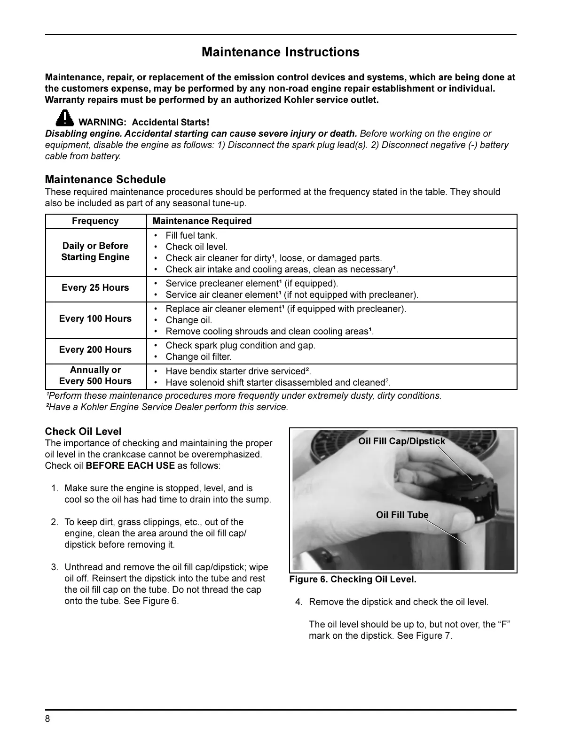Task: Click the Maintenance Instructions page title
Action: tap(281, 52)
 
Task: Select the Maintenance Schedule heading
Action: tap(105, 179)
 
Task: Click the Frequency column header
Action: tap(95, 221)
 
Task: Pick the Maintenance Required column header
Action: tap(202, 221)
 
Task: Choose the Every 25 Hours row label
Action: tap(95, 288)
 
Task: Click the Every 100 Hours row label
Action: tap(95, 319)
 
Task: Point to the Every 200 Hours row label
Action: tap(95, 350)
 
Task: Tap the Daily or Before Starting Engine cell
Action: tap(95, 252)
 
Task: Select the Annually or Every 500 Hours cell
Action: tap(95, 376)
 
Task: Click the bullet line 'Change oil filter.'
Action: tap(198, 357)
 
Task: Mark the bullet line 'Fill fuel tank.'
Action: tap(191, 236)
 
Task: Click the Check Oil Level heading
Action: tap(83, 432)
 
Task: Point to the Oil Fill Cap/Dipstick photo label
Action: tap(401, 441)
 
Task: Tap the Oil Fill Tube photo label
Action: tap(402, 515)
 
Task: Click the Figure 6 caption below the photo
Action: tap(353, 580)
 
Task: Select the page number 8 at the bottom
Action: tap(47, 720)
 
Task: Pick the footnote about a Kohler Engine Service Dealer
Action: tap(167, 407)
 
